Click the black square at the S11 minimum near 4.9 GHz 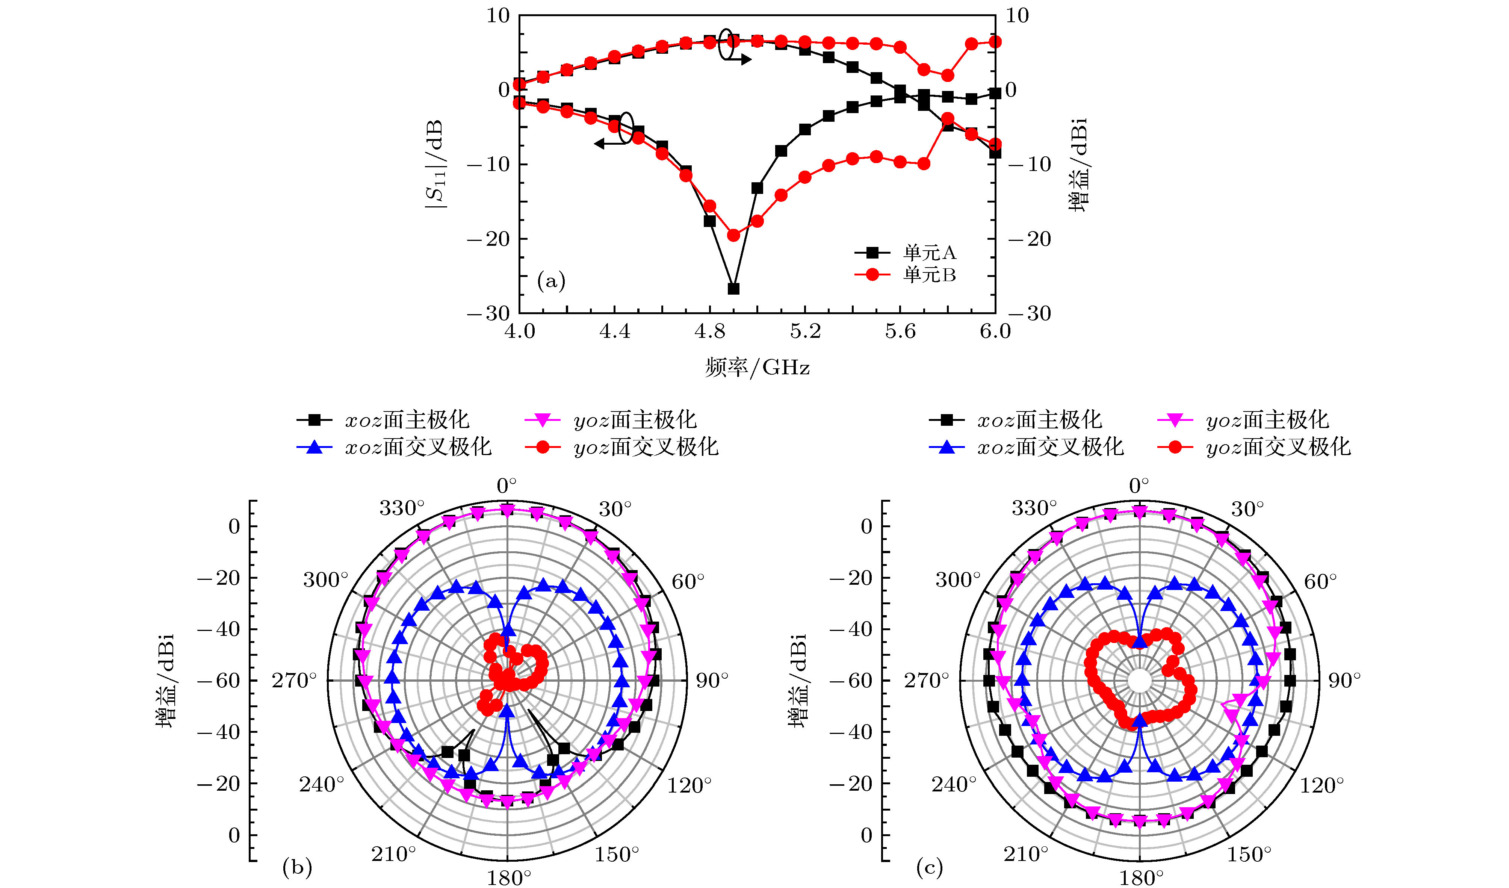point(733,289)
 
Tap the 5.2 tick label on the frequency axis point(805,331)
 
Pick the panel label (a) point(551,281)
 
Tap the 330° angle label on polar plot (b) point(402,508)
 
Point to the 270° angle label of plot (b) point(294,681)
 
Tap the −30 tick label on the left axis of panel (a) point(488,313)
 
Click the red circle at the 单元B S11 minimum point(733,235)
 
